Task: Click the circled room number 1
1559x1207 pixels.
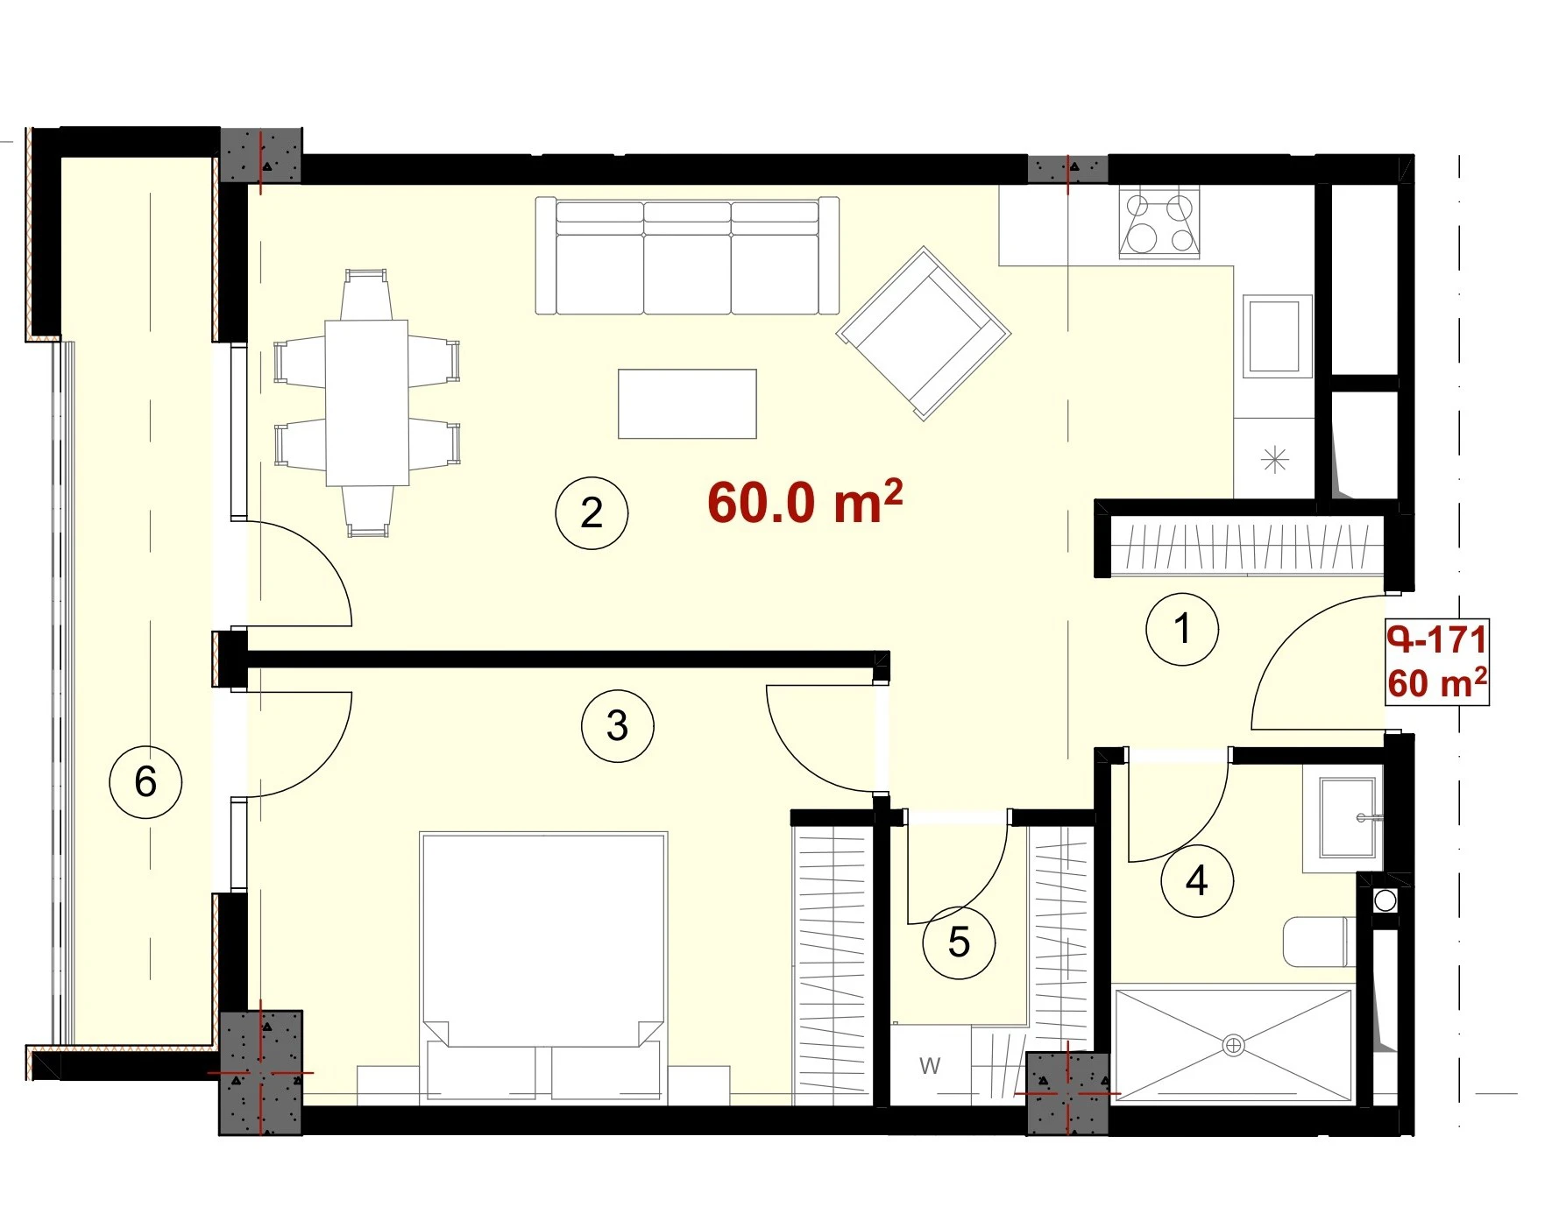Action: (x=1182, y=629)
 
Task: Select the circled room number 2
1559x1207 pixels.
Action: (x=592, y=513)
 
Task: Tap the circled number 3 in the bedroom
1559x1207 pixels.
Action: (x=618, y=726)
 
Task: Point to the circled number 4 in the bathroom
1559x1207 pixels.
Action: (x=1197, y=880)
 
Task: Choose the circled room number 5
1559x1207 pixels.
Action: (x=959, y=942)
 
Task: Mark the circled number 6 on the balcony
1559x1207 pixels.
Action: (x=145, y=781)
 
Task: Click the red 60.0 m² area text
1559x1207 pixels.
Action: (x=804, y=502)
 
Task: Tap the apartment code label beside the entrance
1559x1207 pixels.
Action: (x=1437, y=662)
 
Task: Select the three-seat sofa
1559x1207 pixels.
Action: (x=687, y=256)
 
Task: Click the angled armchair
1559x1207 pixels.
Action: (x=924, y=334)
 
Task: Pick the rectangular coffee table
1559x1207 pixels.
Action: (x=687, y=404)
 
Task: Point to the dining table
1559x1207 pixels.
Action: (x=367, y=403)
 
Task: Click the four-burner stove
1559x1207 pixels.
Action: (x=1159, y=223)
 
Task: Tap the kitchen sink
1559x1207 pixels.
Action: (x=1277, y=336)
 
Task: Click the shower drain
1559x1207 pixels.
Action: (x=1233, y=1045)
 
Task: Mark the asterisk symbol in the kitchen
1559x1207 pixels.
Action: (x=1274, y=459)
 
